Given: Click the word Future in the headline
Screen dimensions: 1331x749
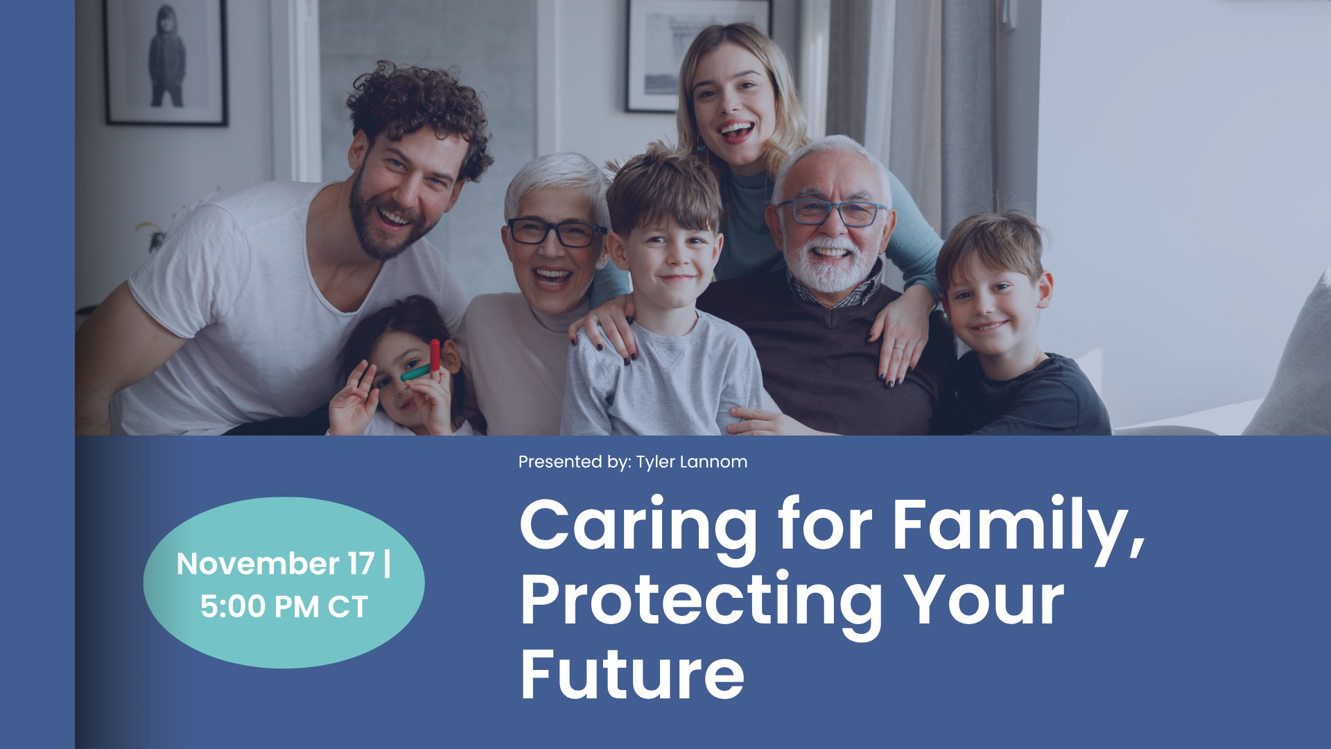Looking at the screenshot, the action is coord(632,674).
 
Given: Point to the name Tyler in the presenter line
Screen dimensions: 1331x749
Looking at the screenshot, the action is coord(655,463).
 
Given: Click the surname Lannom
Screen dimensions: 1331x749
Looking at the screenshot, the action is coord(713,462).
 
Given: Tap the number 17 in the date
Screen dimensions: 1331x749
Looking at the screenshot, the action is coord(361,564).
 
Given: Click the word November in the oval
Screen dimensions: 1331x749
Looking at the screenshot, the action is coord(258,564).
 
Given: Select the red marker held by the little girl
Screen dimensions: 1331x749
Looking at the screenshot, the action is coord(435,355).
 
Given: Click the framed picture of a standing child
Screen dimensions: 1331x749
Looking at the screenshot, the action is coord(166,61).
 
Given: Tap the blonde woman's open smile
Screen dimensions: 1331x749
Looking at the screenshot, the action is coord(736,130).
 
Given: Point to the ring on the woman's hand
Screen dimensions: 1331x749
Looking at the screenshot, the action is coord(899,347).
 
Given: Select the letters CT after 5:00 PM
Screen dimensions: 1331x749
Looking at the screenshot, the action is coord(347,607).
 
